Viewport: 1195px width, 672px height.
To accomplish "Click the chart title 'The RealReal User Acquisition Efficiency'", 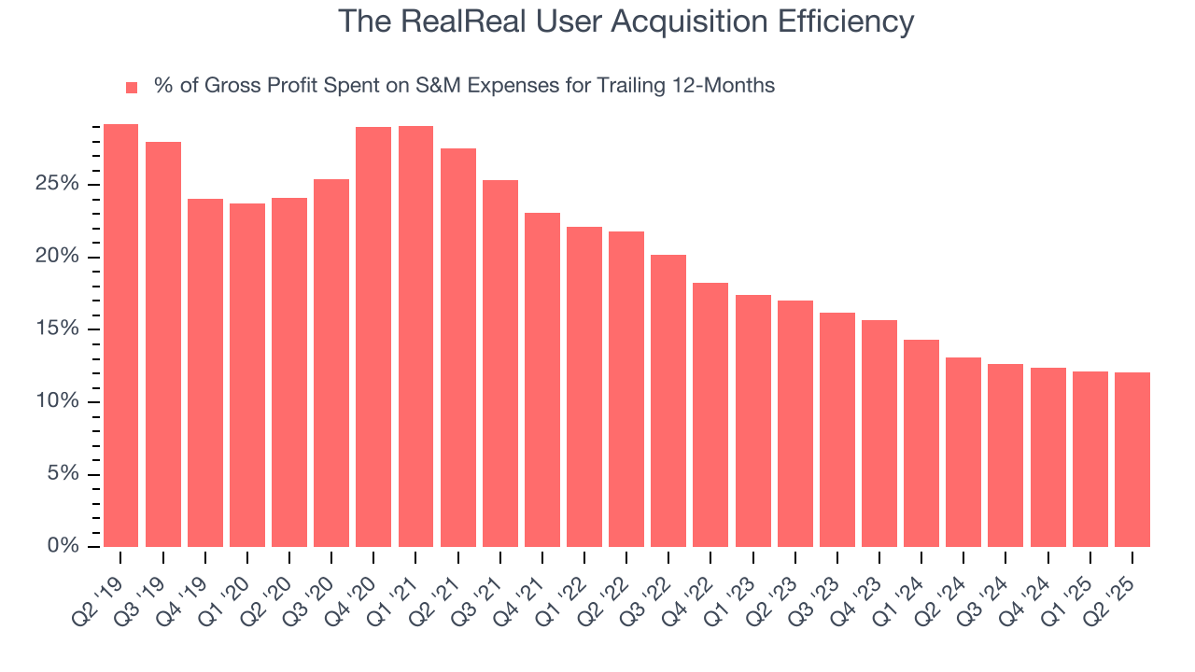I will [625, 21].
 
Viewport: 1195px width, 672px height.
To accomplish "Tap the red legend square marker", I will [132, 87].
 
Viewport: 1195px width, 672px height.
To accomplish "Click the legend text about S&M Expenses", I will [464, 86].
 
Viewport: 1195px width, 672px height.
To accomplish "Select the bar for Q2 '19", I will [120, 335].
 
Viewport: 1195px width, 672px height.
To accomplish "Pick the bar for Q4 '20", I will [373, 337].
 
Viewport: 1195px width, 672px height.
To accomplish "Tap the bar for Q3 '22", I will [668, 400].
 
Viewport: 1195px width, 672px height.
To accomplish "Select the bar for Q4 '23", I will [879, 433].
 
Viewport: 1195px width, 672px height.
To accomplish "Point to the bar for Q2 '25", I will [1132, 459].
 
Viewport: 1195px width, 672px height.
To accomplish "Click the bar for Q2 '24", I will [963, 452].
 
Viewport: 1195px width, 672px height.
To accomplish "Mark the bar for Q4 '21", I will [542, 380].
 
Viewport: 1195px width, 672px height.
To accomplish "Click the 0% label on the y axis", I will [62, 547].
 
